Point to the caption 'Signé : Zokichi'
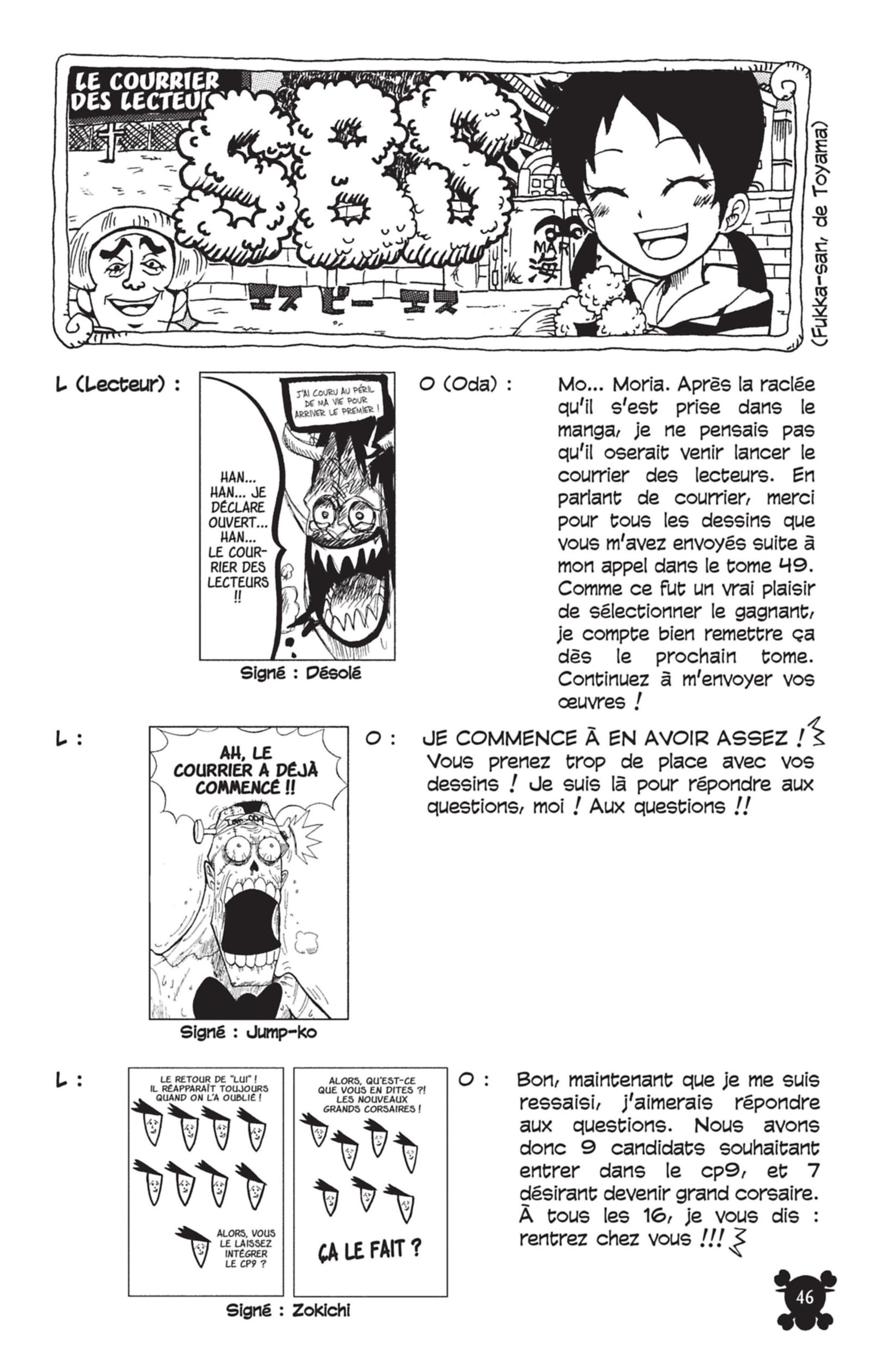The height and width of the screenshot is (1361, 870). (288, 1325)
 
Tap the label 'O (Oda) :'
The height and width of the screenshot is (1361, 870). (466, 385)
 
